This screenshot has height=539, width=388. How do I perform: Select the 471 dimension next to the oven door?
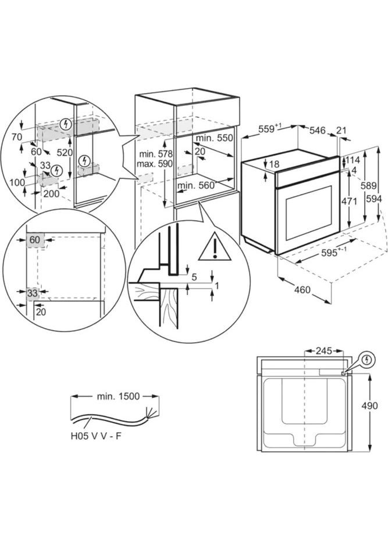(348, 201)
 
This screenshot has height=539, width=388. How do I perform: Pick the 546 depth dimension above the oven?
(317, 131)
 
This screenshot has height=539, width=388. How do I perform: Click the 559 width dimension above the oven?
(269, 130)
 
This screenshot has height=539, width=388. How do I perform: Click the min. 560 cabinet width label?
(196, 185)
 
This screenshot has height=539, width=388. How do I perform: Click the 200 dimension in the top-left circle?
(51, 194)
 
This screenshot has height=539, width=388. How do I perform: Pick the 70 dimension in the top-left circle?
(16, 136)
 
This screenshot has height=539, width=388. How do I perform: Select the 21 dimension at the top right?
(341, 131)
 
